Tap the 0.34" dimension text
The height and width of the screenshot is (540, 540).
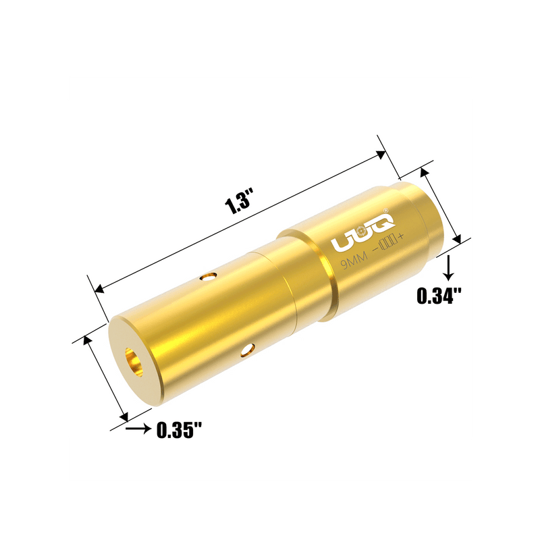(x=439, y=295)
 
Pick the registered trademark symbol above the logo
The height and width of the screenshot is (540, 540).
(x=385, y=210)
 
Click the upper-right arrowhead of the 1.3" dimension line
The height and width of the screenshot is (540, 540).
(x=381, y=154)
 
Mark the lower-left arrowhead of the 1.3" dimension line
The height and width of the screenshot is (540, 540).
(x=101, y=288)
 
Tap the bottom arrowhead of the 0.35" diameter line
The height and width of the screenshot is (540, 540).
(x=123, y=414)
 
